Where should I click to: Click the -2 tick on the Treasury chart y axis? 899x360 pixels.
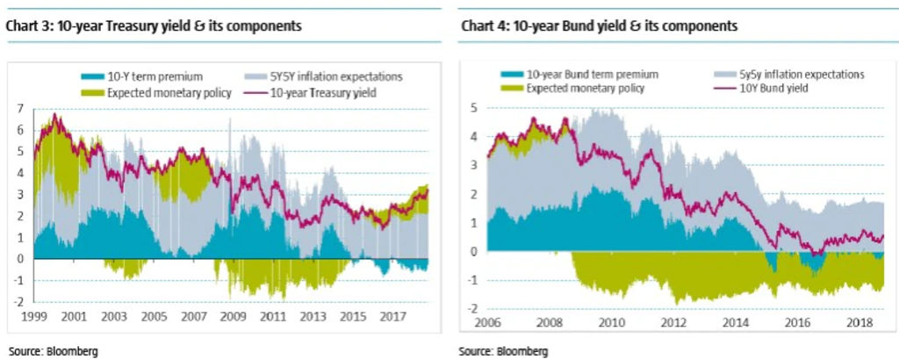coord(18,301)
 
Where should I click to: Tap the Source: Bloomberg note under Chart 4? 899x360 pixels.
coord(503,351)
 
